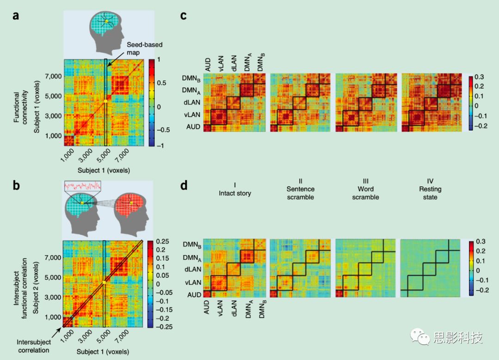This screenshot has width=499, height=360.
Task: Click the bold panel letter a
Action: click(16, 15)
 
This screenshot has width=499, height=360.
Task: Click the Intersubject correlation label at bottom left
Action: click(31, 346)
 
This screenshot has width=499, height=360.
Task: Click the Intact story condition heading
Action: click(235, 189)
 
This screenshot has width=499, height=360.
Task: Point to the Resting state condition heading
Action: click(430, 193)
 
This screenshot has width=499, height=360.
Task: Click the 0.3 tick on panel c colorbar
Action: click(479, 76)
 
